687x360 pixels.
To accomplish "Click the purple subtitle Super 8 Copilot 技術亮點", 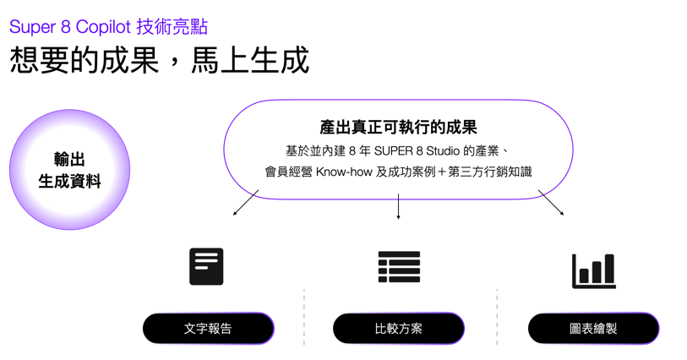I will click(x=108, y=26).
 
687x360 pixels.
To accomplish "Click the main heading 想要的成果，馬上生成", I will click(x=159, y=60).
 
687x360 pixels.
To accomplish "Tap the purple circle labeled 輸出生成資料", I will click(x=69, y=170).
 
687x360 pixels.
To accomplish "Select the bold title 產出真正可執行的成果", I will click(x=398, y=127).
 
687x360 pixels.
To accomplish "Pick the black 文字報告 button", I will click(x=208, y=329).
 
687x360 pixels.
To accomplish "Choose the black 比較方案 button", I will click(x=398, y=329).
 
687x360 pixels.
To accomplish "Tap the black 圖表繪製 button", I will click(x=593, y=329).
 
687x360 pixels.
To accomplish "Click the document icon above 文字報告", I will click(x=206, y=266).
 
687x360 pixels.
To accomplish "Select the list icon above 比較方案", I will click(x=399, y=267).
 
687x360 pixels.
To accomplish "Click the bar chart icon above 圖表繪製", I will click(x=593, y=270).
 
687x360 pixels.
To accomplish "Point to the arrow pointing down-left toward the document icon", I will click(x=246, y=203).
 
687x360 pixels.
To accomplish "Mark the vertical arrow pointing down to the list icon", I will click(x=398, y=207).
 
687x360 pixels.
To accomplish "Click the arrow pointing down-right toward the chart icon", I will click(x=551, y=203).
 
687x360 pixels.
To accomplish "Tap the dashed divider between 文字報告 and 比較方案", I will click(x=304, y=316).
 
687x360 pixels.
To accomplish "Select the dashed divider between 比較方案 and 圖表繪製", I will click(x=497, y=316).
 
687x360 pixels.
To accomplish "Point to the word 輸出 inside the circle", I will click(x=69, y=159).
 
